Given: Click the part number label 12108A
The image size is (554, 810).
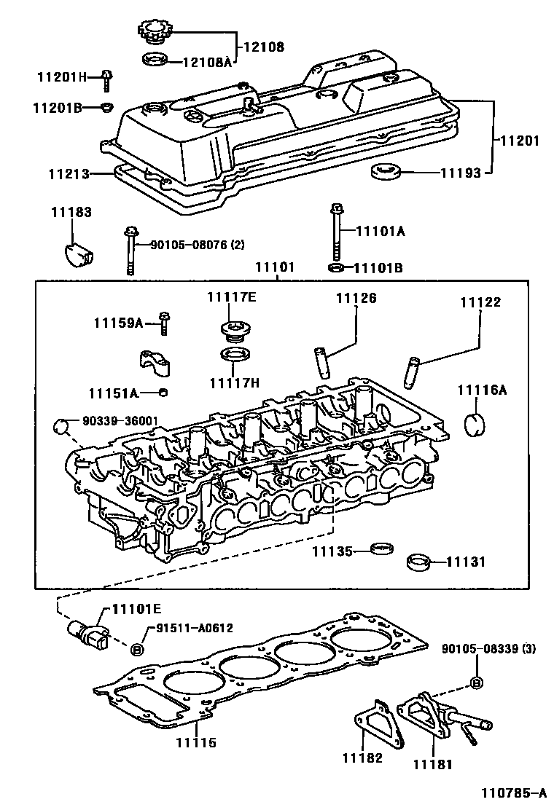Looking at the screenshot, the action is pyautogui.click(x=207, y=62).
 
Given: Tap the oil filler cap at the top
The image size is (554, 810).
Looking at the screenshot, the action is pyautogui.click(x=155, y=34).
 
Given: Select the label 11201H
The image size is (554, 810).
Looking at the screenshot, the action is pyautogui.click(x=62, y=77).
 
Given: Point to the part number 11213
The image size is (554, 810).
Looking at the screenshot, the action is pyautogui.click(x=69, y=174).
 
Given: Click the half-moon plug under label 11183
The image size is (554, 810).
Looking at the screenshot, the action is pyautogui.click(x=78, y=253).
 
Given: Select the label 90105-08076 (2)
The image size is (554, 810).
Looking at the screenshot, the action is pyautogui.click(x=198, y=245).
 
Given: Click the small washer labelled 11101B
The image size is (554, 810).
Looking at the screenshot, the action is pyautogui.click(x=335, y=267).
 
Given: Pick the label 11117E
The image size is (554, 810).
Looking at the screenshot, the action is pyautogui.click(x=232, y=297).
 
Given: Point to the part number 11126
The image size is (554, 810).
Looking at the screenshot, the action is pyautogui.click(x=356, y=298).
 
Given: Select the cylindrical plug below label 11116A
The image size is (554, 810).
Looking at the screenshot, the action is pyautogui.click(x=475, y=423).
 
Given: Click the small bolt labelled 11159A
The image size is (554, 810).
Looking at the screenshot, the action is pyautogui.click(x=164, y=323).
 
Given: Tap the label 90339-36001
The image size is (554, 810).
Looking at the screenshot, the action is pyautogui.click(x=120, y=421).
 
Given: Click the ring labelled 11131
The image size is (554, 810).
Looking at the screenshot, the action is pyautogui.click(x=418, y=562).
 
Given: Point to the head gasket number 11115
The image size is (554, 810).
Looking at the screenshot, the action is pyautogui.click(x=196, y=743).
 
